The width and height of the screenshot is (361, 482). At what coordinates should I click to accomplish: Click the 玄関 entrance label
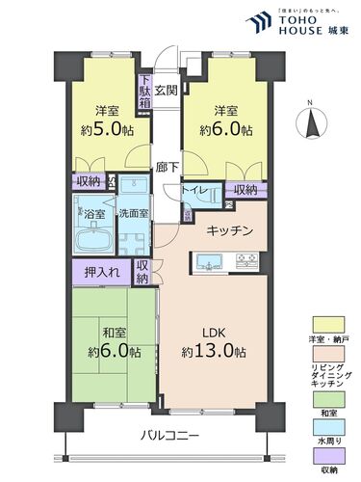pos(167,92)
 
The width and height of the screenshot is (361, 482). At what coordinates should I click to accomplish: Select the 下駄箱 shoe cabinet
pos(144,91)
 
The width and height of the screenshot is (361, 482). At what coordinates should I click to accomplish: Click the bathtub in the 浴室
pos(92,238)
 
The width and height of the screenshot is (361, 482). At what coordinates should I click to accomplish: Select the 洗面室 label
pos(133,212)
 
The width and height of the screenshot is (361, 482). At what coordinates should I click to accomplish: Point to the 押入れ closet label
pos(101,273)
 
